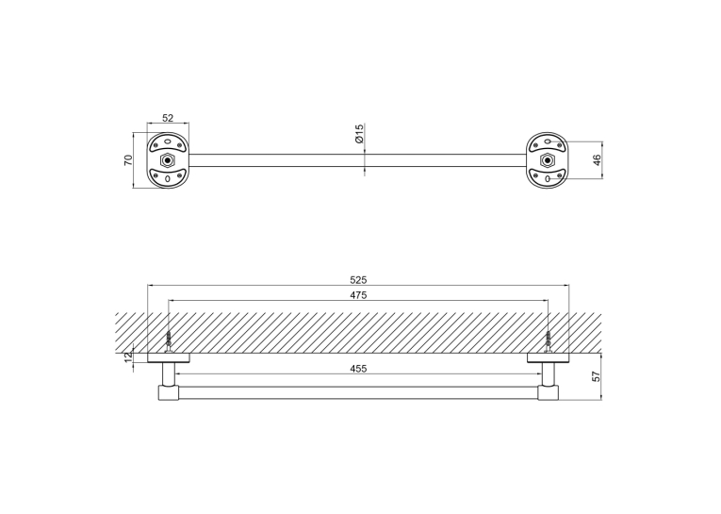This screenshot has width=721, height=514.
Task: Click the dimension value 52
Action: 168,118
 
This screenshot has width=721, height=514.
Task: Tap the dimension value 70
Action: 128,160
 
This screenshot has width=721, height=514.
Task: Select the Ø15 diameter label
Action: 360,133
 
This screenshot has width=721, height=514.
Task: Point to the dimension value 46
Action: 597,160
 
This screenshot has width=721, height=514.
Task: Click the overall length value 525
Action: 358,280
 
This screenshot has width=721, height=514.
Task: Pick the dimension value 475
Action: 358,295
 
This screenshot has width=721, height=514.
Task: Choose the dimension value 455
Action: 358,369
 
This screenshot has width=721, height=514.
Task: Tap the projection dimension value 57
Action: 597,376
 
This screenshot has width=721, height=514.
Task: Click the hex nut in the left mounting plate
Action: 168,160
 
